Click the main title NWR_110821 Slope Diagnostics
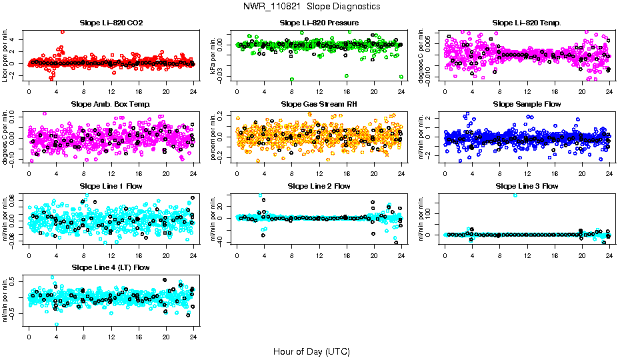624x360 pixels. coord(312,6)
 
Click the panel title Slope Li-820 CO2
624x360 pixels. coord(111,23)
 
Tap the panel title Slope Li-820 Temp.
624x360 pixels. coord(527,23)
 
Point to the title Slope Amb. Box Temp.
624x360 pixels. coord(111,104)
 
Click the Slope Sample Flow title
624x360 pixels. coord(527,104)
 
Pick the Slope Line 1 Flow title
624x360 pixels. coord(111,186)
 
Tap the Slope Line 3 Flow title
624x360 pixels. coord(527,186)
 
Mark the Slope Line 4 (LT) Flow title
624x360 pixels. coord(111,267)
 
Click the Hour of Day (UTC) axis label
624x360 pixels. coord(311,351)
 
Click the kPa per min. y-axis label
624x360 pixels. coord(214,55)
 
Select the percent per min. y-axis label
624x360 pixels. coord(214,137)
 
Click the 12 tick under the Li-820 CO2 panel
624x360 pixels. coord(111,92)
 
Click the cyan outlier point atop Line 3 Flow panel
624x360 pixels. coord(514,195)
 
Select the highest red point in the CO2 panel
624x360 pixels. coord(62,31)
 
